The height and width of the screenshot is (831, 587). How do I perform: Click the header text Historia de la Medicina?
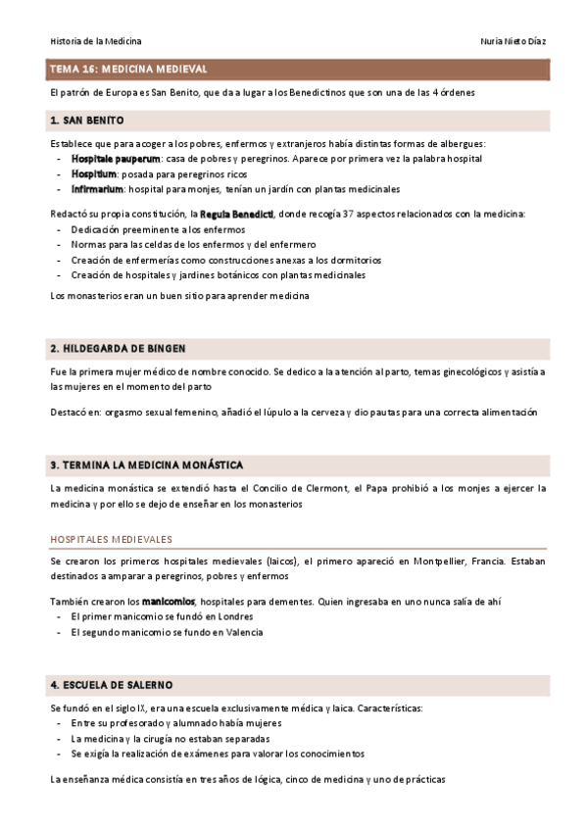coord(95,41)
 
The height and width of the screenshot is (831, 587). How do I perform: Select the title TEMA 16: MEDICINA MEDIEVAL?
coord(127,70)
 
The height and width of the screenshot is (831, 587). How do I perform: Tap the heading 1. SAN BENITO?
coord(86,121)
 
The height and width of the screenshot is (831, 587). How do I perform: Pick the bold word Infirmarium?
coord(97,189)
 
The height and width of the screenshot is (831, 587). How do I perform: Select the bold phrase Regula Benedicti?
coord(236,214)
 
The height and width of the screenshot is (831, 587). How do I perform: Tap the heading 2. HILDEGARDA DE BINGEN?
coord(118,348)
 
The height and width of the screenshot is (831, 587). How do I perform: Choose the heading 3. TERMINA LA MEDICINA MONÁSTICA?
coord(146,464)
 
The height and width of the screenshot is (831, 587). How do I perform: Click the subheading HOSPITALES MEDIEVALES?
coord(111,539)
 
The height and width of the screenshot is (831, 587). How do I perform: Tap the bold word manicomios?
coord(169,601)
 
